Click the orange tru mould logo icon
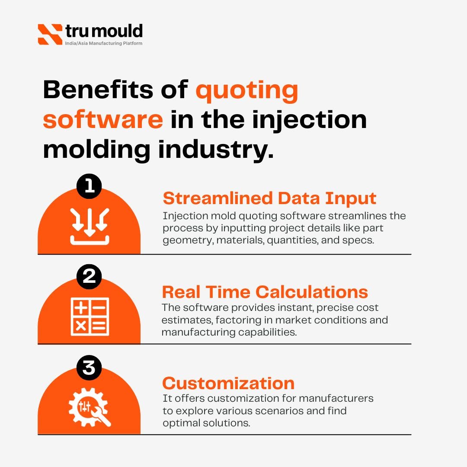[50, 34]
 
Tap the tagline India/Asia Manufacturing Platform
[104, 44]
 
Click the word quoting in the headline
[247, 91]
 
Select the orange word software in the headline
[103, 120]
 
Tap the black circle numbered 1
[89, 186]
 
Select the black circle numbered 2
[89, 277]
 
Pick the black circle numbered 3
[89, 368]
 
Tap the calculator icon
[90, 317]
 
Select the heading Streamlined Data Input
[269, 198]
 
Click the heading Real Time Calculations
[265, 292]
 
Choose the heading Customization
[228, 383]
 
